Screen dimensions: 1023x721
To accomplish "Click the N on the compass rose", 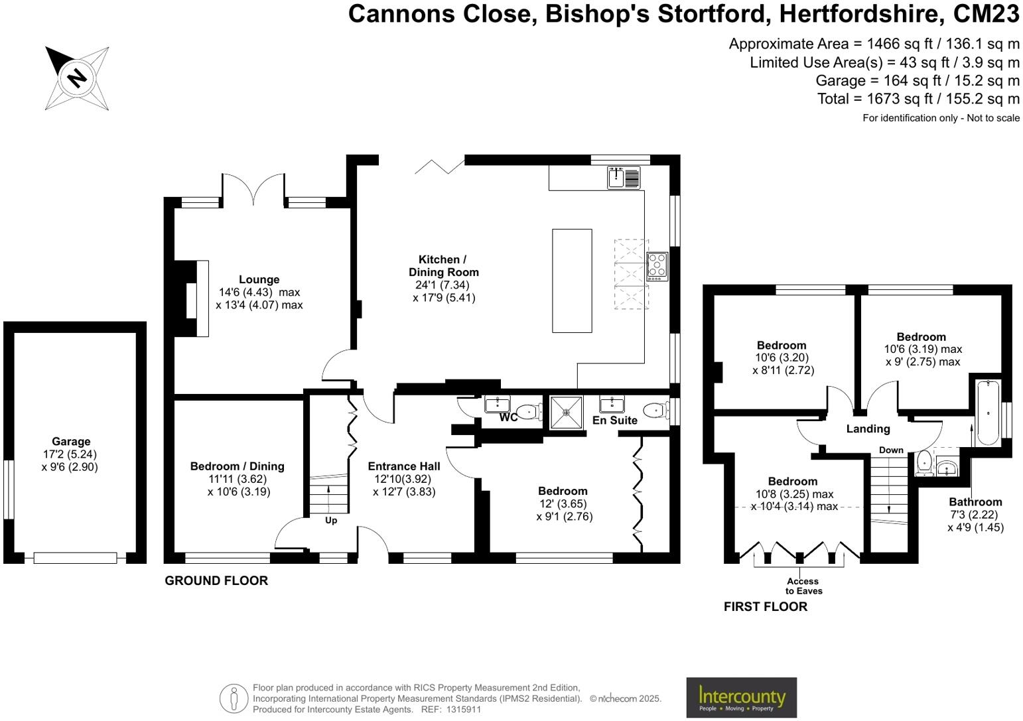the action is point(77,78).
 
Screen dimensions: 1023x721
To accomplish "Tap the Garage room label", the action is point(71,442).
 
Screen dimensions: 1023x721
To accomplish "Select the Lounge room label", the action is point(259,279).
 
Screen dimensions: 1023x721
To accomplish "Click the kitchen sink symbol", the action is point(624,177).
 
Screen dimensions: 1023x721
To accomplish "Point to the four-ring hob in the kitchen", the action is point(657,266).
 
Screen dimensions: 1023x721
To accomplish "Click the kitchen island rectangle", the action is point(572,281).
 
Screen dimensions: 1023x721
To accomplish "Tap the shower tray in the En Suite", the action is point(567,413).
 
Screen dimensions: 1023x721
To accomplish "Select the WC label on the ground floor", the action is point(508,417).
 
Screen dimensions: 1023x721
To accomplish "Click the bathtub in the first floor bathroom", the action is point(987,413).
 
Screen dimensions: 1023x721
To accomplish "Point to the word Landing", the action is point(868,428).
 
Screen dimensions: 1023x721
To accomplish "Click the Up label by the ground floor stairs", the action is point(331,521).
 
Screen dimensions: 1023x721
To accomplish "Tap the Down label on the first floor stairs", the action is point(891,450).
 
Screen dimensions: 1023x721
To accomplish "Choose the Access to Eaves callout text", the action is point(803,586).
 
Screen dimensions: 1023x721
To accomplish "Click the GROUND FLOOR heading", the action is point(216,581).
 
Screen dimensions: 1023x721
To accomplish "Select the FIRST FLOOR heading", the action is point(766,606).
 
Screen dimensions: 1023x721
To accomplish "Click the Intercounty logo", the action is point(742,697).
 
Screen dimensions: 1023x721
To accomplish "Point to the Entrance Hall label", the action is point(404,466).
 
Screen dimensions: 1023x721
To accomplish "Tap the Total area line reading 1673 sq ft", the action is point(918,99).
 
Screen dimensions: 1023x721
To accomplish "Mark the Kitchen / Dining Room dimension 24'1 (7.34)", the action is point(442,285).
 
